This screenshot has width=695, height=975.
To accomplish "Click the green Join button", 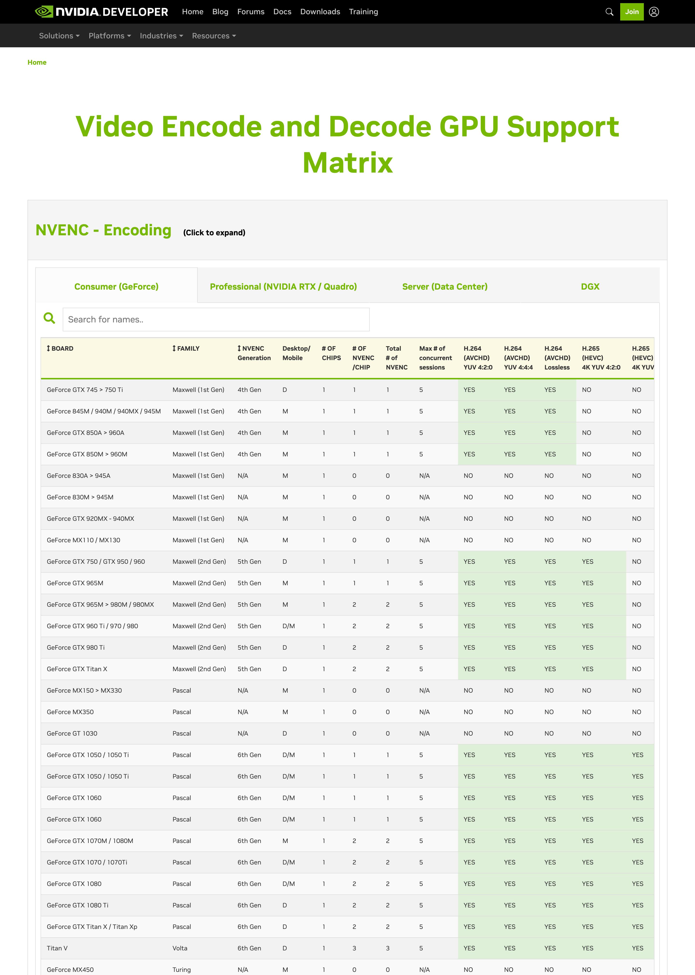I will tap(631, 12).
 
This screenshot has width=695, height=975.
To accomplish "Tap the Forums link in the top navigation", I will tap(251, 12).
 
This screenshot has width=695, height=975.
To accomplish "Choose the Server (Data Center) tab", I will tap(445, 286).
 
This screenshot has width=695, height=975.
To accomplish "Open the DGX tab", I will tap(590, 286).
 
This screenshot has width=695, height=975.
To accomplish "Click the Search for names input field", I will tap(216, 319).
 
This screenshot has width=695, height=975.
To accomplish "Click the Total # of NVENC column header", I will tap(396, 358).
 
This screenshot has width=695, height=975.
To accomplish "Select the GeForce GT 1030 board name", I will tap(72, 733).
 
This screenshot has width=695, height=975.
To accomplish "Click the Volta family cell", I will tap(180, 948).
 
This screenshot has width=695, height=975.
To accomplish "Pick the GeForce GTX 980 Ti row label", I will tap(76, 647).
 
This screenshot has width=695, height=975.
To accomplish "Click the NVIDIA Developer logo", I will tap(101, 12).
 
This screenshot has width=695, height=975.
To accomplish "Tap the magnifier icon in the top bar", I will tap(609, 12).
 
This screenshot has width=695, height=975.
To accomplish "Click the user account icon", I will tap(653, 12).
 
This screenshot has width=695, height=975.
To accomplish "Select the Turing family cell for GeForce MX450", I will tap(181, 969).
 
